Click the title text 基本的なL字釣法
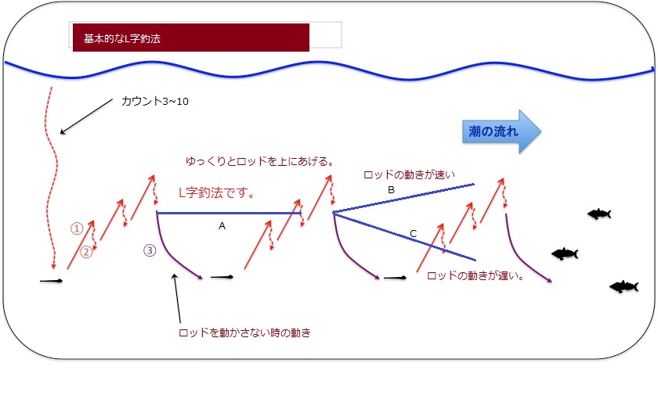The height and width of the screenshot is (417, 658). (x=122, y=38)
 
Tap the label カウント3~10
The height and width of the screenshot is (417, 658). (x=155, y=101)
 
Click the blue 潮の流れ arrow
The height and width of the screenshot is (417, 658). (x=501, y=131)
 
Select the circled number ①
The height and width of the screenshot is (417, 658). (x=77, y=228)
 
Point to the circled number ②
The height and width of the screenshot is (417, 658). (x=86, y=252)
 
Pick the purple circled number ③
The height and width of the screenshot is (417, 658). (x=150, y=250)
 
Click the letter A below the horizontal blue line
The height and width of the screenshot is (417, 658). (x=222, y=226)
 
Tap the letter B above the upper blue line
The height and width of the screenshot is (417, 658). (x=391, y=190)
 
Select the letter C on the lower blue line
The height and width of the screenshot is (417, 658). (x=414, y=234)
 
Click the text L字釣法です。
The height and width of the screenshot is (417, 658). (x=216, y=192)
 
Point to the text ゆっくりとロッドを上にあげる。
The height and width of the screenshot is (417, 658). (x=260, y=161)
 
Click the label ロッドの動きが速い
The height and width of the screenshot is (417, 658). (x=409, y=174)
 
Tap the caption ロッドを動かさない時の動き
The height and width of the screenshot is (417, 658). (x=244, y=333)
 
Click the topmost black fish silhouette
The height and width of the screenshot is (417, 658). (x=599, y=214)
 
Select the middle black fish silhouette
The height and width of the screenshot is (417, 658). (x=565, y=253)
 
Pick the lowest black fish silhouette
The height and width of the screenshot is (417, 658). (x=624, y=286)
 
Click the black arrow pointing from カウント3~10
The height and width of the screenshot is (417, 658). (x=86, y=117)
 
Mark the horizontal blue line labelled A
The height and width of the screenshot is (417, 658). (x=229, y=214)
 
